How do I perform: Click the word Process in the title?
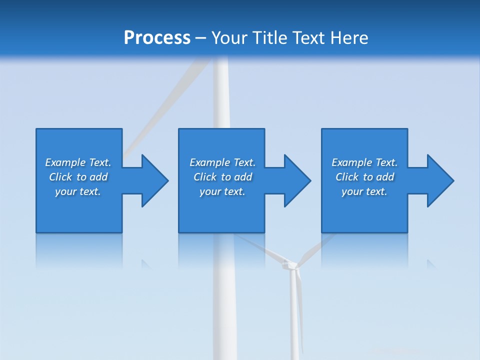tap(157, 38)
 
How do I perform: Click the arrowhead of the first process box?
tap(153, 180)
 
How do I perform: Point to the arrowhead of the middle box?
tap(295, 180)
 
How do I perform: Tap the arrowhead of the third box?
tap(438, 180)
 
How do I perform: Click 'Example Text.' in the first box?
tap(78, 162)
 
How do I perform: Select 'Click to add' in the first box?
tap(78, 177)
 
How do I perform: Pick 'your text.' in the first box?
tap(78, 191)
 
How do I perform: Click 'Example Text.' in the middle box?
tap(222, 162)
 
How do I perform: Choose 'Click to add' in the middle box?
tap(222, 177)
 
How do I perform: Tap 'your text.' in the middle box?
tap(222, 191)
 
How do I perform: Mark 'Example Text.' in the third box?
tap(364, 162)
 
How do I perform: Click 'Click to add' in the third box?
tap(364, 177)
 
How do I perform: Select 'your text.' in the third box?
tap(364, 191)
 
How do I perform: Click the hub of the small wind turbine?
tap(289, 264)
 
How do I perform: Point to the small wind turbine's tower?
tap(295, 320)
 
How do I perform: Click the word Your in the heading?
tap(229, 38)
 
